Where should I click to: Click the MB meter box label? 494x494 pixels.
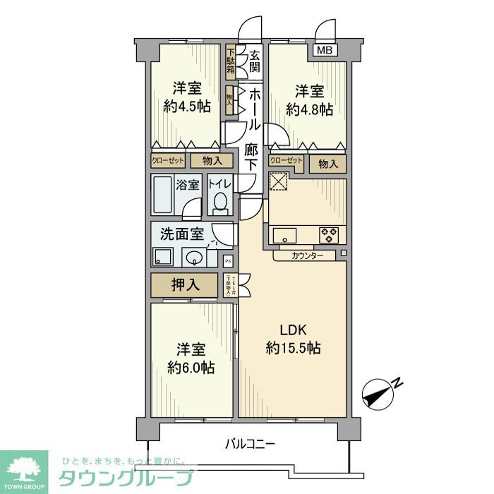click(x=323, y=50)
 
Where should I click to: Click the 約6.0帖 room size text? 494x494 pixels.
click(x=191, y=368)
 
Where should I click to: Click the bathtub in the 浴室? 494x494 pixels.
click(x=163, y=195)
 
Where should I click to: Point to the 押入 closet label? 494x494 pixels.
click(x=185, y=284)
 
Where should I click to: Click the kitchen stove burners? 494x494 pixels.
click(x=328, y=234)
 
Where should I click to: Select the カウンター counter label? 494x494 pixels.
click(x=308, y=256)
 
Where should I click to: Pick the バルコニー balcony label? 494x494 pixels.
click(x=250, y=444)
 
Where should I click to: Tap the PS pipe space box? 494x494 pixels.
click(x=227, y=260)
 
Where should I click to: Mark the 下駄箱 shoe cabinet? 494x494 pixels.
click(x=230, y=61)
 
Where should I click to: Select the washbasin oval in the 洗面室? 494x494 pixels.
click(x=193, y=257)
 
